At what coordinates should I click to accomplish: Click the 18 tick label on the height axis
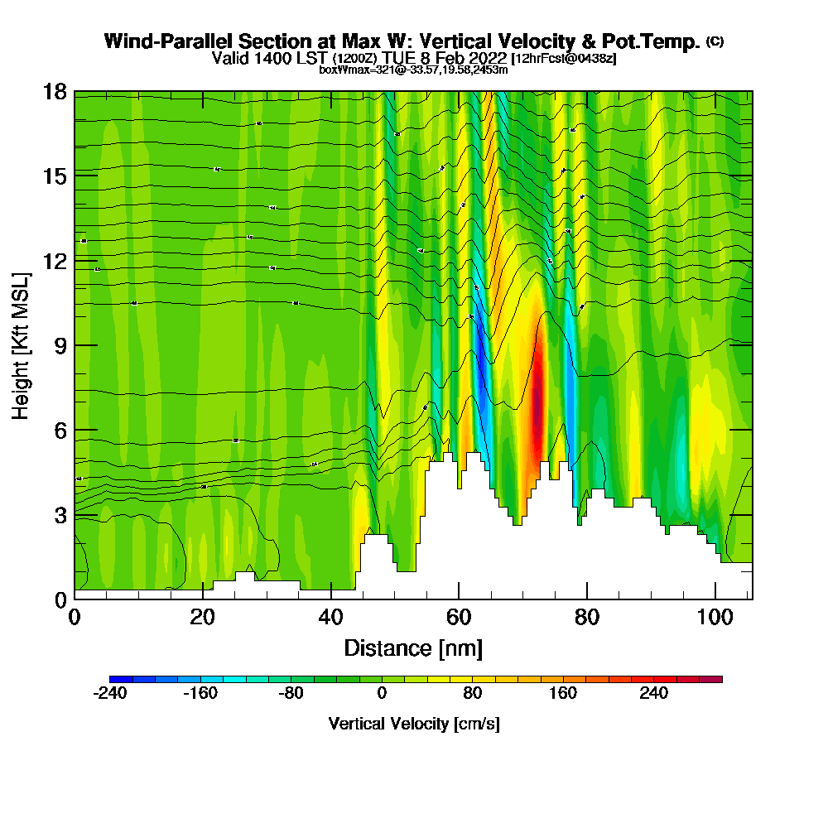pyautogui.click(x=55, y=91)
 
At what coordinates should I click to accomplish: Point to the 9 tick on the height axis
pyautogui.click(x=75, y=344)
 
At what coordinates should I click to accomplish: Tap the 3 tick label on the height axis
pyautogui.click(x=60, y=514)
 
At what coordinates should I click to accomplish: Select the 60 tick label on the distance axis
pyautogui.click(x=458, y=617)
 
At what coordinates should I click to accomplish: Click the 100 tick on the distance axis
pyautogui.click(x=715, y=599)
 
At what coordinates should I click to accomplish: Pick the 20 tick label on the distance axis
pyautogui.click(x=202, y=617)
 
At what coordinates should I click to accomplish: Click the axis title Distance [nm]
pyautogui.click(x=413, y=647)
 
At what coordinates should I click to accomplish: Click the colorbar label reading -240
pyautogui.click(x=109, y=694)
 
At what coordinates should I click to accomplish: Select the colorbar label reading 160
pyautogui.click(x=563, y=694)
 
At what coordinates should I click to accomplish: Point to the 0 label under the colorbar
pyautogui.click(x=382, y=694)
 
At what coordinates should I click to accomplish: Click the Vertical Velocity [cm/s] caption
pyautogui.click(x=413, y=724)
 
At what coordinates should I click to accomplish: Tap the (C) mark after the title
pyautogui.click(x=715, y=41)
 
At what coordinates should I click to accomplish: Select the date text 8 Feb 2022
pyautogui.click(x=465, y=59)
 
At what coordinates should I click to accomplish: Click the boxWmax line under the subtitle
pyautogui.click(x=413, y=70)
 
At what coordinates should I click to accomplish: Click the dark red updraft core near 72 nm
pyautogui.click(x=537, y=397)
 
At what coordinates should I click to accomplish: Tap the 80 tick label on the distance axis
pyautogui.click(x=586, y=617)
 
